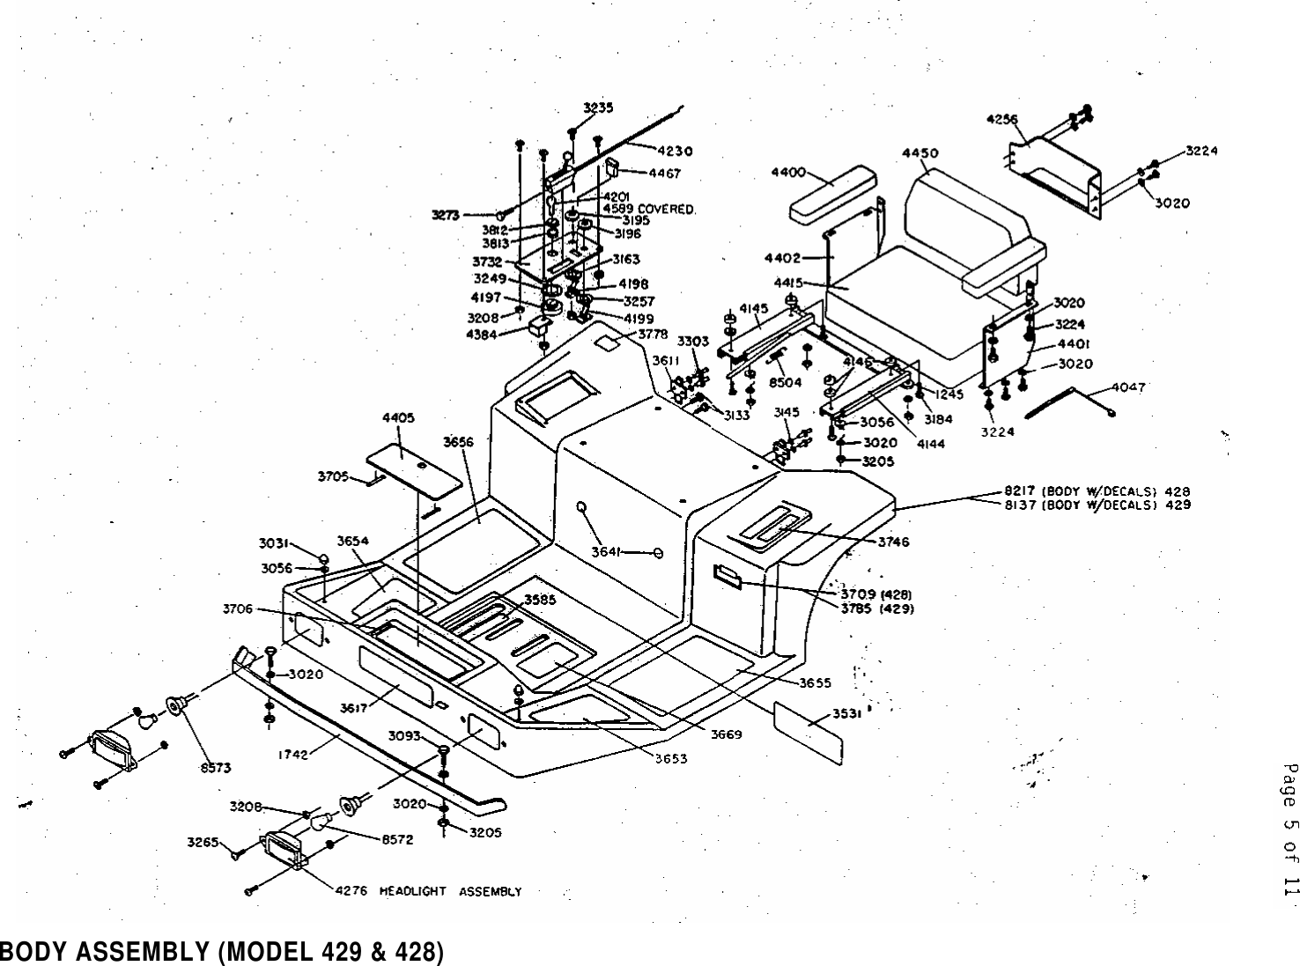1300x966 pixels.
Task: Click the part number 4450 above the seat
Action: (920, 153)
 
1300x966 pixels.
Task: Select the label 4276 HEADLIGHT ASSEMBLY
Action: (428, 891)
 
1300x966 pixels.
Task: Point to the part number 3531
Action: (848, 715)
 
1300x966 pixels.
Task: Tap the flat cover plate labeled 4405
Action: (413, 465)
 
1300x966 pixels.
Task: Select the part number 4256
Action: (1001, 120)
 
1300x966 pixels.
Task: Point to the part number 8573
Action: (213, 768)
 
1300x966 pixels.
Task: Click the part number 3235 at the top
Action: (598, 107)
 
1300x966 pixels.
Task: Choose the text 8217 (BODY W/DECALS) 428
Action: (1097, 491)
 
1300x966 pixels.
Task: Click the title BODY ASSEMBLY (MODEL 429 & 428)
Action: (221, 952)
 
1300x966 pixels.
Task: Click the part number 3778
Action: (653, 334)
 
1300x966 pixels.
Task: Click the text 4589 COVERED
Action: (649, 209)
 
